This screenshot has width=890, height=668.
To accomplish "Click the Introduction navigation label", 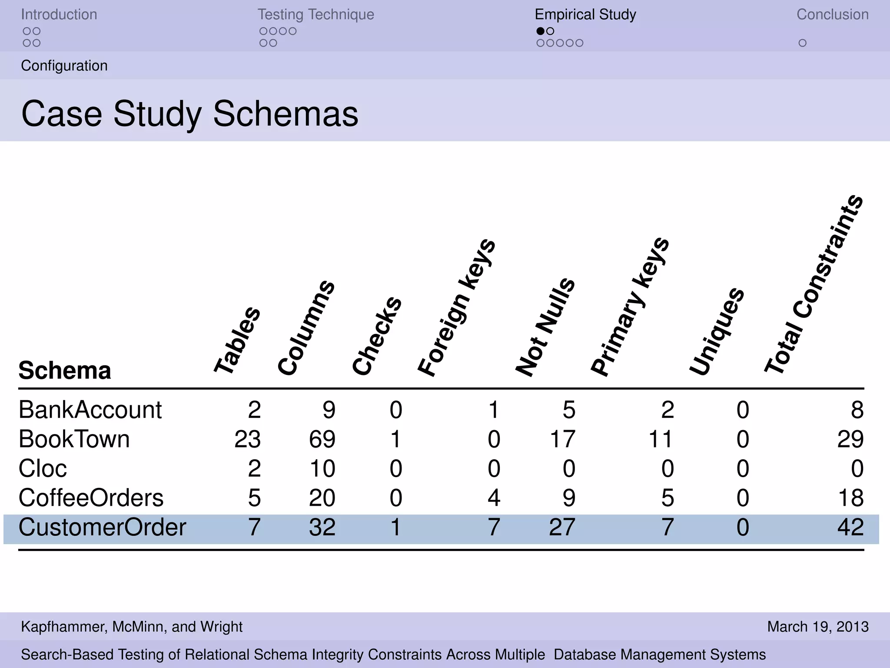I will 59,14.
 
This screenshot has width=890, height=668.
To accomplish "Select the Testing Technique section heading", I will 315,14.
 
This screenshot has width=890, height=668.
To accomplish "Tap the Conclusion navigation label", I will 832,14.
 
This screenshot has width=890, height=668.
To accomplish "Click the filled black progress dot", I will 540,31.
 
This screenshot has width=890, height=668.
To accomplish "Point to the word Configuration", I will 64,66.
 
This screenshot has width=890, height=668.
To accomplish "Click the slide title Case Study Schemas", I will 189,114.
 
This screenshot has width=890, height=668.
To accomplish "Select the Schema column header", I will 65,371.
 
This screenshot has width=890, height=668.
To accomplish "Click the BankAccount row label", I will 90,410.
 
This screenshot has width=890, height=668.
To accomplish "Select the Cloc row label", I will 43,468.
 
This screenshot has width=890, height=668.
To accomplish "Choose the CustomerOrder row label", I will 102,527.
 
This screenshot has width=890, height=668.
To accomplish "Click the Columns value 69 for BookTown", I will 322,439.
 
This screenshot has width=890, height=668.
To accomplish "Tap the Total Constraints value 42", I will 850,527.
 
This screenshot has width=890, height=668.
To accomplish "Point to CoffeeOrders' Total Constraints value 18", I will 850,498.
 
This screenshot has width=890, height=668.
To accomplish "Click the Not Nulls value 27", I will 562,527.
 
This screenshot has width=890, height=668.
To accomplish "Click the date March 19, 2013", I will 818,627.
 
